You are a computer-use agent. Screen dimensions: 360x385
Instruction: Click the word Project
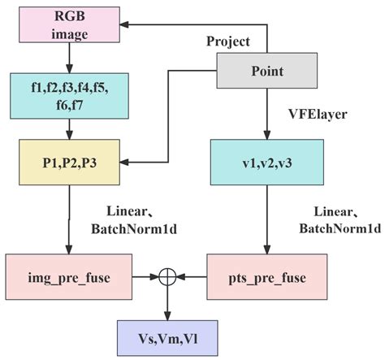click(x=228, y=41)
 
